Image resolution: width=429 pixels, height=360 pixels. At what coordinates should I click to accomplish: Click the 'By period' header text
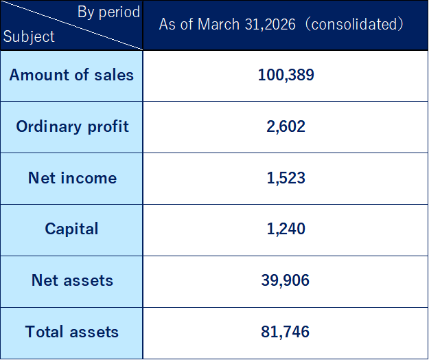point(108,12)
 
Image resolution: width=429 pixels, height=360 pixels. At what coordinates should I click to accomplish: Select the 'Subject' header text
point(29,36)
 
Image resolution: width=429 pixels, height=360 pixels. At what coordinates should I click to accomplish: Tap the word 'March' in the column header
point(218,24)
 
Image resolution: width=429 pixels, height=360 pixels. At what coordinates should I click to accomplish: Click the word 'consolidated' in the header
point(353,24)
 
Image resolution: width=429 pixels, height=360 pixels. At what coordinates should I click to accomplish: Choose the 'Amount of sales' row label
point(71,75)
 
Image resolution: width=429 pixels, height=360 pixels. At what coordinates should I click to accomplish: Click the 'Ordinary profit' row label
point(72,127)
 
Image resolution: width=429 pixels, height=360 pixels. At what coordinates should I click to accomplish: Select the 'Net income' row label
point(72,178)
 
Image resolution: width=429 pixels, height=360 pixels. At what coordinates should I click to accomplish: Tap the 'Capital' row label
point(71,229)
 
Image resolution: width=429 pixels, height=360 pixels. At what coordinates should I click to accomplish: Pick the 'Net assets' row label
point(72,280)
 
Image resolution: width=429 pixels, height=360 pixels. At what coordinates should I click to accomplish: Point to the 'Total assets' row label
point(71,332)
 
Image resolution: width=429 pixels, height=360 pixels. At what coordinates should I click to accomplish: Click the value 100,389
point(286,75)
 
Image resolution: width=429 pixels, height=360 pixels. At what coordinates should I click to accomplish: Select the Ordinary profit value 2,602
point(286,126)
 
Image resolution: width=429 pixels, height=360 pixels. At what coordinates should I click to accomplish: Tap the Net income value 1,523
point(286,178)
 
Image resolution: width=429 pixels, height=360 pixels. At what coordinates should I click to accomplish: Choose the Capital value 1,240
point(286,229)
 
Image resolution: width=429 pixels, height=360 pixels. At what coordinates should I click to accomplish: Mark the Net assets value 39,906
point(286,280)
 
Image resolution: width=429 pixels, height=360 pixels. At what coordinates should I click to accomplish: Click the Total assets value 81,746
point(286,332)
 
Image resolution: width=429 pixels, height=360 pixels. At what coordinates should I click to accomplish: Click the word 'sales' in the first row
point(114,75)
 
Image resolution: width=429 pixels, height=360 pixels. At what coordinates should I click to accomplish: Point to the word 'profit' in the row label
point(108,127)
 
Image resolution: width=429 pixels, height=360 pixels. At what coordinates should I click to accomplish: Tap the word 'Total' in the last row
point(45,332)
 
